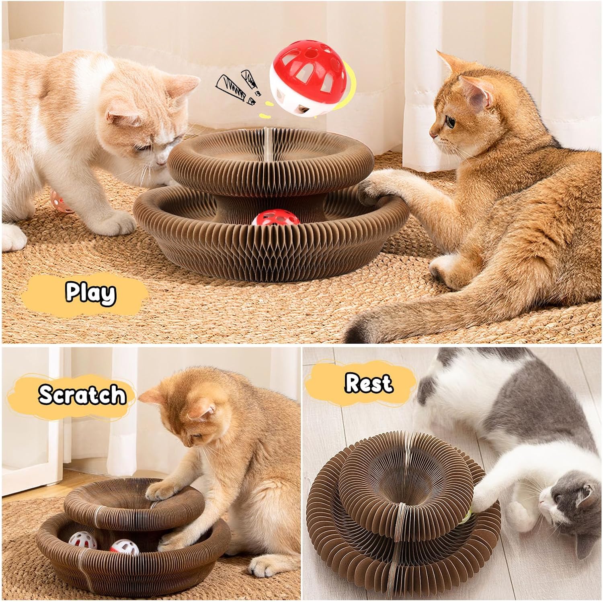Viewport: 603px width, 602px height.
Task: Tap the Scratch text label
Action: [82, 394]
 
